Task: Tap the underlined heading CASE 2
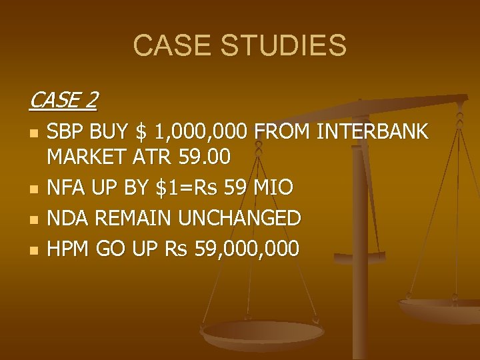coord(63,101)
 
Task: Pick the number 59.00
coord(205,157)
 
